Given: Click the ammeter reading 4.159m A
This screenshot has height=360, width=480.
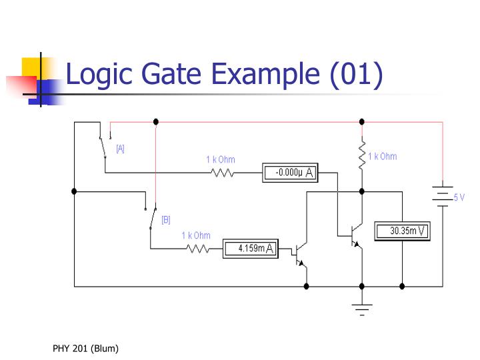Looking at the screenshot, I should click(x=249, y=249).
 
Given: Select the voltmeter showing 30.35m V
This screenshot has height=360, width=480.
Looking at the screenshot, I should click(x=402, y=231).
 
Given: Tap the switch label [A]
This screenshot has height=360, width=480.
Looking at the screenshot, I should click(x=120, y=149).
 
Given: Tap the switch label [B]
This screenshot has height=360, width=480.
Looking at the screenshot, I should click(x=166, y=219).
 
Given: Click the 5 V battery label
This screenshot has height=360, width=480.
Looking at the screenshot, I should click(x=459, y=197).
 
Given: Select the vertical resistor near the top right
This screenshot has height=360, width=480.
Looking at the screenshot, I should click(x=362, y=155).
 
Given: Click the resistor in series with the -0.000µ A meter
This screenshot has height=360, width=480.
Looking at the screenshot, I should click(x=221, y=173).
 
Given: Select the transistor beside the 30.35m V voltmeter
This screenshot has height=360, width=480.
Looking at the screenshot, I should click(x=354, y=233).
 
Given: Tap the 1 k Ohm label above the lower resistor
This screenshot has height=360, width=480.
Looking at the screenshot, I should click(x=196, y=235).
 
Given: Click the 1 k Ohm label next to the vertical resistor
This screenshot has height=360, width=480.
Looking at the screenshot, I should click(x=382, y=157).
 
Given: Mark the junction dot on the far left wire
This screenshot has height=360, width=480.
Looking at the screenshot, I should click(x=74, y=191).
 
